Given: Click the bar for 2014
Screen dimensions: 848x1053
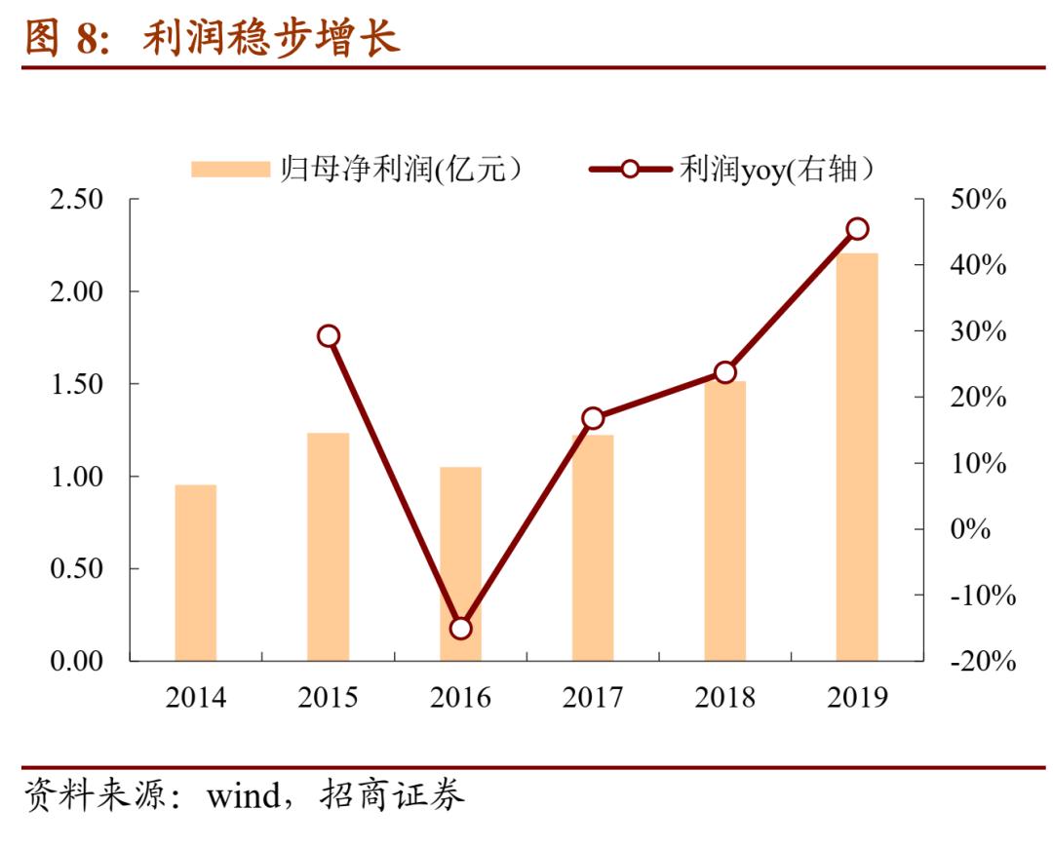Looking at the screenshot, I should point(196,572).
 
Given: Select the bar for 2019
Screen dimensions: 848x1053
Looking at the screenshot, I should point(857,456).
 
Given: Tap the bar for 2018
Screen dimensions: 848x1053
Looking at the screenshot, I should point(724,520).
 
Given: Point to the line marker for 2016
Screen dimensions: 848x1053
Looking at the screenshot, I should point(461,628).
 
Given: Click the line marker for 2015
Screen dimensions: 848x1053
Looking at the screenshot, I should point(329,336).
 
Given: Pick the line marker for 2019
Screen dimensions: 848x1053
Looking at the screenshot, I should point(857,229).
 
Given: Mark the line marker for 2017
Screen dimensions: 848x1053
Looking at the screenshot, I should point(593,418).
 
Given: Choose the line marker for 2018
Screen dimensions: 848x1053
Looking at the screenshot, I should point(724,372).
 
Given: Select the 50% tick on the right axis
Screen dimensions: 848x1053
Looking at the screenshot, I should point(978,200).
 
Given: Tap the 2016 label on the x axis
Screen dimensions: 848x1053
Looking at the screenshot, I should point(461,698).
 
